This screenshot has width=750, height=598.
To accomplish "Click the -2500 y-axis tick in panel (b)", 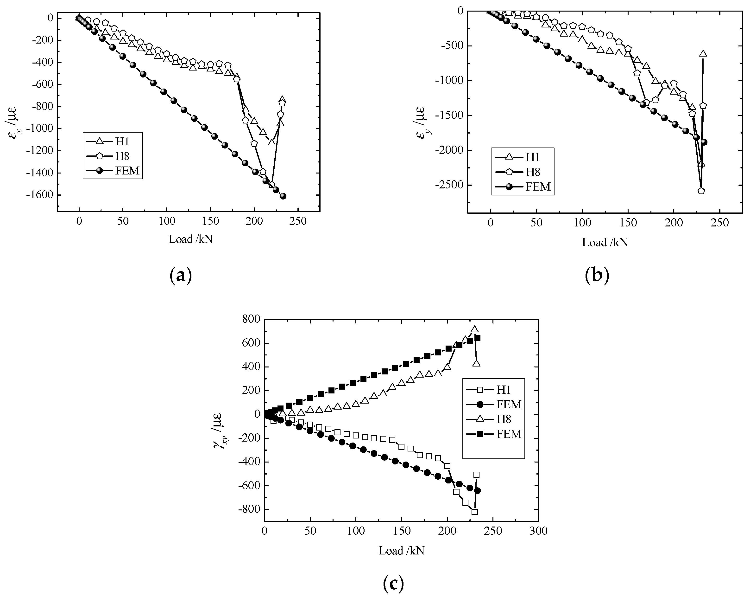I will click(449, 185).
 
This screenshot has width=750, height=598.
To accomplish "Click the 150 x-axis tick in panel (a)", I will click(210, 221).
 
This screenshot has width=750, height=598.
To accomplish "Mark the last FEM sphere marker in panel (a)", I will click(283, 196).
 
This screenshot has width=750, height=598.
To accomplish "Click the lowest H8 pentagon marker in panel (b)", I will click(701, 191).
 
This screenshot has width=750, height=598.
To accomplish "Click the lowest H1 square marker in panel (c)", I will click(474, 512).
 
